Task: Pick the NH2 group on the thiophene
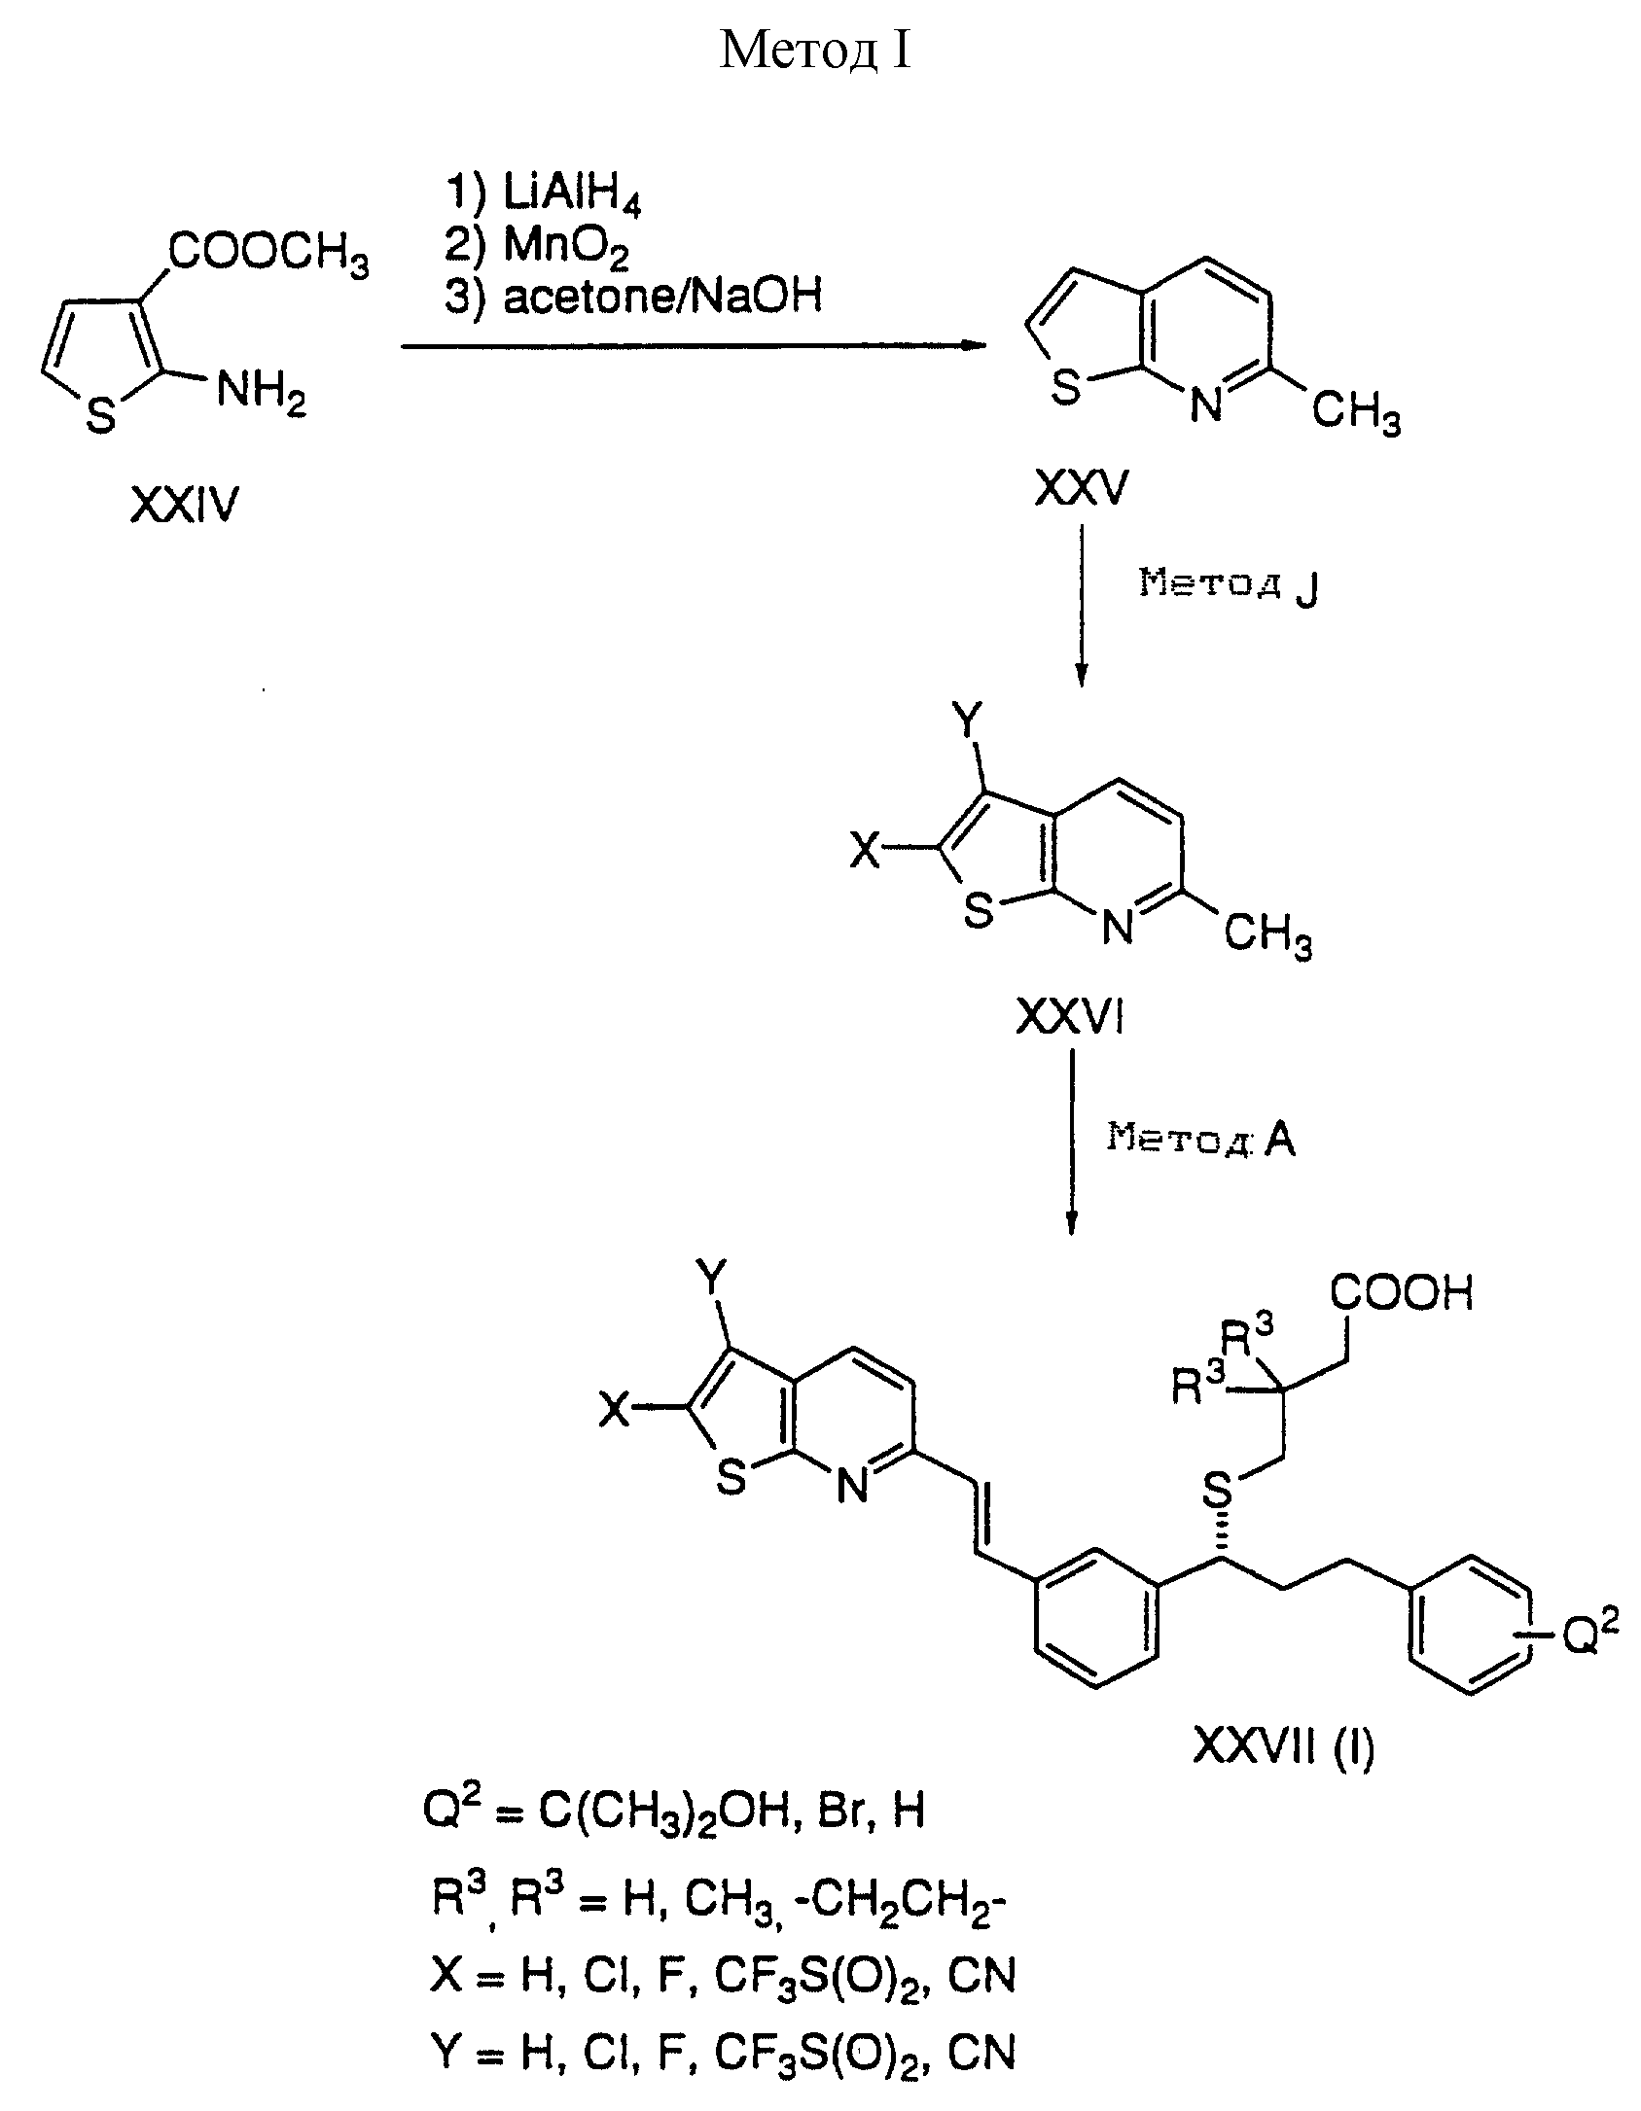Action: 261,395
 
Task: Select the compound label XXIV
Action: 184,507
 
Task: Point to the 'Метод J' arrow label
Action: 1229,586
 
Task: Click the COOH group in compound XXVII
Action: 1402,1294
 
